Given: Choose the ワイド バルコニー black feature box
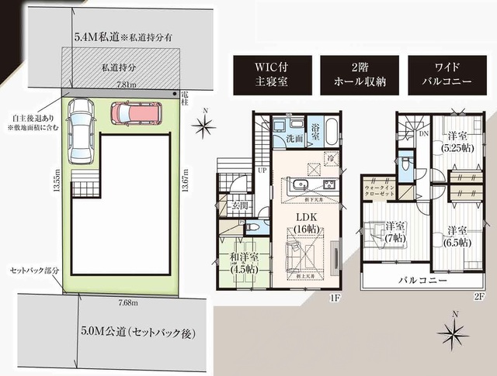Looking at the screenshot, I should pos(440,74).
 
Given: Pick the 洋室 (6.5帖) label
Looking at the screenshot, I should pos(456,236).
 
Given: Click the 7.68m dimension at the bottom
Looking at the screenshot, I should pos(127,302).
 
